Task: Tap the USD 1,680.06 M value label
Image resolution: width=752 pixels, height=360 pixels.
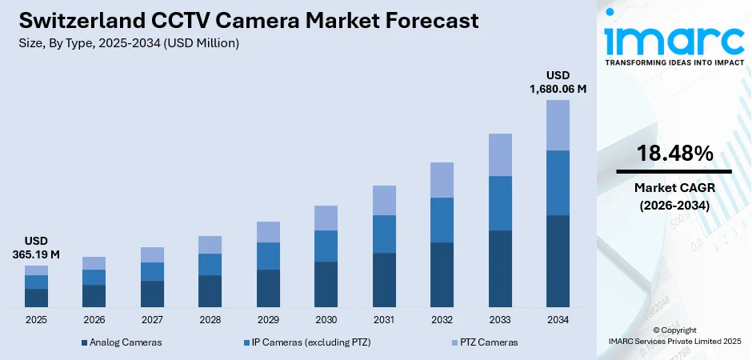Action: [558, 82]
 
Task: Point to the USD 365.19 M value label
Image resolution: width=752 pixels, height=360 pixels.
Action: [36, 248]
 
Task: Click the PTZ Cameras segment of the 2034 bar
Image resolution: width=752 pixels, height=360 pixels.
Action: [558, 125]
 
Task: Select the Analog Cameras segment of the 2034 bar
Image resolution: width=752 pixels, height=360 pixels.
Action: [558, 261]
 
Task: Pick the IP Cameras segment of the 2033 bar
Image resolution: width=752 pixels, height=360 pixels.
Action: [500, 203]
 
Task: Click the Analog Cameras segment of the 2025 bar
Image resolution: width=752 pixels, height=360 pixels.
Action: [36, 298]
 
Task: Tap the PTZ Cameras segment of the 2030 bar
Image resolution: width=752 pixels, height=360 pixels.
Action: [326, 218]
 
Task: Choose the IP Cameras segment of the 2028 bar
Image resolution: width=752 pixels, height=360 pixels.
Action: [210, 264]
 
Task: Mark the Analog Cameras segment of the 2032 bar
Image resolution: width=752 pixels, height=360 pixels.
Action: [442, 274]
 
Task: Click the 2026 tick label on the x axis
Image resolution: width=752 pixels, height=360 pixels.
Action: [94, 320]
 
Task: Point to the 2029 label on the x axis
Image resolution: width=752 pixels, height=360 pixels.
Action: [268, 320]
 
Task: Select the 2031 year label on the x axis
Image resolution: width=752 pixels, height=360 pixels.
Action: [384, 320]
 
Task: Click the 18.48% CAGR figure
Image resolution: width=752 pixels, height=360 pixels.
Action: [674, 154]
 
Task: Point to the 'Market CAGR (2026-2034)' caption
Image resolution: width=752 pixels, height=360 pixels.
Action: [674, 196]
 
